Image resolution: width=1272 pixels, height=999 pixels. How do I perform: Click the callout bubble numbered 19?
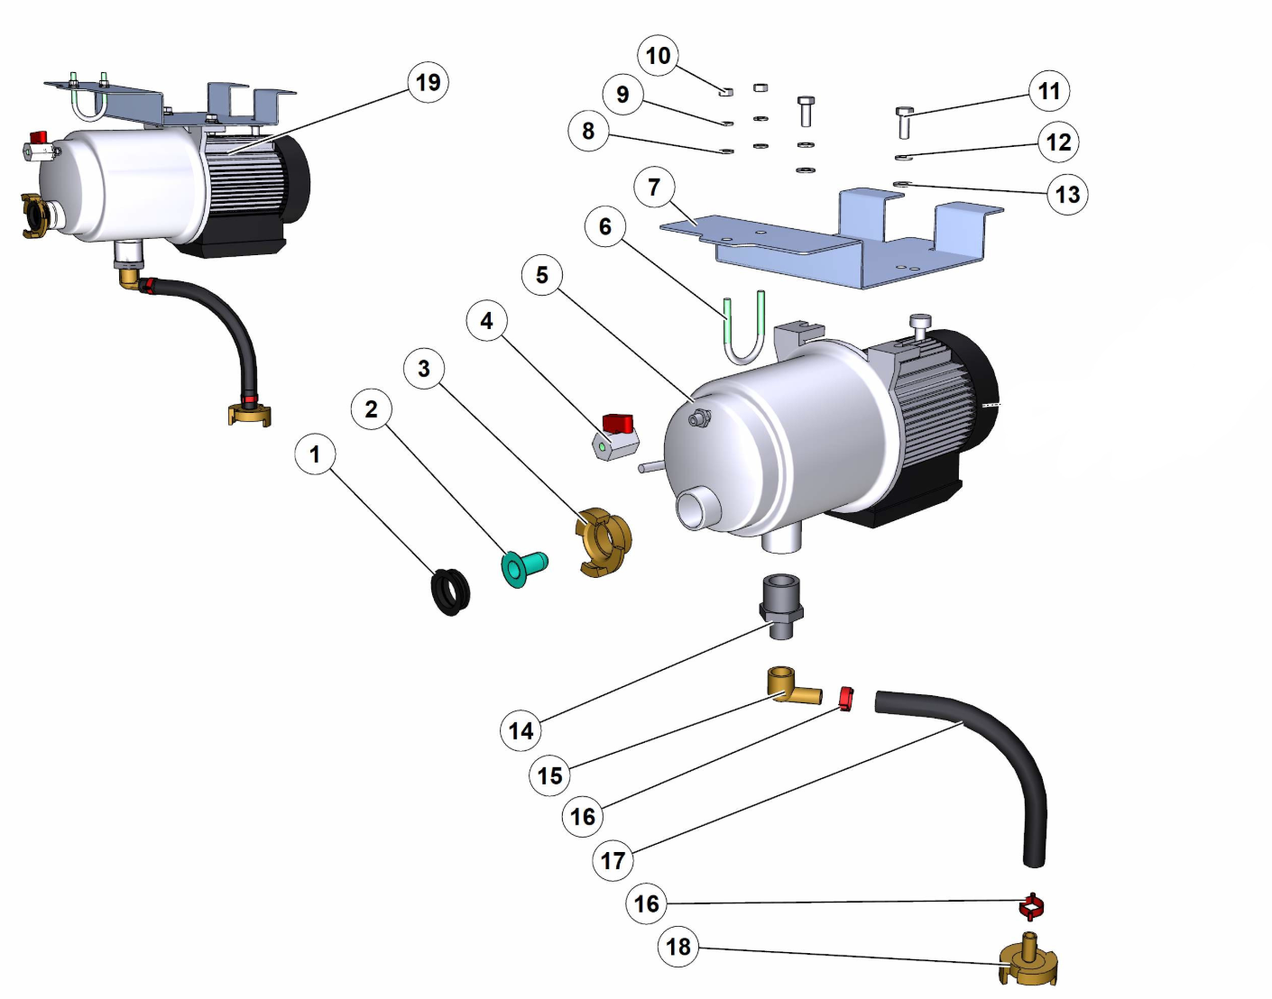tap(428, 83)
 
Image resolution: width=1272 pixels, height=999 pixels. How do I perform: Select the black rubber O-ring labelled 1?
tap(451, 592)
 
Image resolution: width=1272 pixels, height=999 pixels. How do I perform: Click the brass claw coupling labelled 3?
tap(604, 541)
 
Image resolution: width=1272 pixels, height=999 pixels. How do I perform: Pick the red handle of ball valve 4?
tap(618, 422)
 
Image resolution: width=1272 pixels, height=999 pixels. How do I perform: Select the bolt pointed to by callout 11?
tap(904, 122)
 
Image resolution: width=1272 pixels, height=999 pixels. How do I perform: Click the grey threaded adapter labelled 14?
tap(781, 605)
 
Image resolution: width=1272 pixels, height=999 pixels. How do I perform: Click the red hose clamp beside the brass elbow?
tap(845, 698)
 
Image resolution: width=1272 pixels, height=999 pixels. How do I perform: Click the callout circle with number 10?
tap(658, 56)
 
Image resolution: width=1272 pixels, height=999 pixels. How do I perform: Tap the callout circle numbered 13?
tap(1066, 195)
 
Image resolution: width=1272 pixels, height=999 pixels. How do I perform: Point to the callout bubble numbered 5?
tap(541, 275)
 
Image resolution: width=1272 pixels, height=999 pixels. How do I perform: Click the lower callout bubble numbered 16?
tap(646, 903)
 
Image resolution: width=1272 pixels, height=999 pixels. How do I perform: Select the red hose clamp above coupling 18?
tap(1031, 904)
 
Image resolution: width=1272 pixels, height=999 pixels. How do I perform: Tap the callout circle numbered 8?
tap(588, 132)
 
